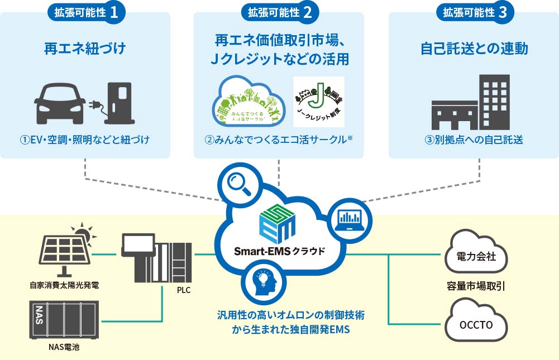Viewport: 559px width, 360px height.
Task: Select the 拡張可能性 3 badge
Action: (x=475, y=13)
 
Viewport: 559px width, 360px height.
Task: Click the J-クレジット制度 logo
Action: (x=318, y=102)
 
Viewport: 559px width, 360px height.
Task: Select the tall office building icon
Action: (x=495, y=102)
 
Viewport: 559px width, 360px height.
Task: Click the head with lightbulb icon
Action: (x=262, y=282)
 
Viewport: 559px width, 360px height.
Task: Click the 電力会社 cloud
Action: (x=476, y=257)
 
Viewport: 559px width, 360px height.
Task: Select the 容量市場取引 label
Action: (x=476, y=287)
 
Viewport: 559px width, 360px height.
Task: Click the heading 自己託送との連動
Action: (x=474, y=49)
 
